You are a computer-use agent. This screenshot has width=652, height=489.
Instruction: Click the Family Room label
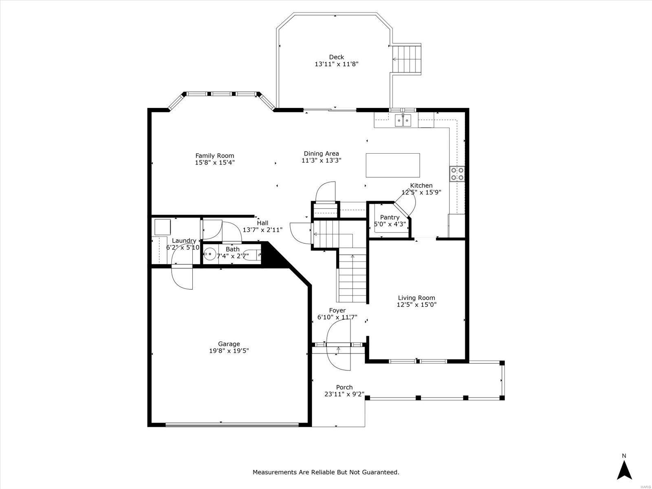pyautogui.click(x=214, y=156)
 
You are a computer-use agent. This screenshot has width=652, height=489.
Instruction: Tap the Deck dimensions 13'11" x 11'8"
pyautogui.click(x=337, y=64)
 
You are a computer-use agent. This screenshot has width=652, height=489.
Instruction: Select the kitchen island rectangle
pyautogui.click(x=393, y=165)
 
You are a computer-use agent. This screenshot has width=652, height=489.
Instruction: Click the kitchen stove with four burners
pyautogui.click(x=458, y=174)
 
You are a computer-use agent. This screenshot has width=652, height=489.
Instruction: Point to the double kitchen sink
pyautogui.click(x=403, y=121)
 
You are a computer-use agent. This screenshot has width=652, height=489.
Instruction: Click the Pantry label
pyautogui.click(x=390, y=217)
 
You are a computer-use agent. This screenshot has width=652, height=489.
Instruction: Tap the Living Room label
pyautogui.click(x=416, y=298)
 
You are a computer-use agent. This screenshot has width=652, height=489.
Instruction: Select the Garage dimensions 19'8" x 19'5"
pyautogui.click(x=229, y=350)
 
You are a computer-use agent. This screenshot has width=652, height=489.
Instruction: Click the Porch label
pyautogui.click(x=344, y=387)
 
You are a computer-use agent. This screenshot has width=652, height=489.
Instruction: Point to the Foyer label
pyautogui.click(x=337, y=310)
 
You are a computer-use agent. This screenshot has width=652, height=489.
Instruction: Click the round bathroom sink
pyautogui.click(x=210, y=254)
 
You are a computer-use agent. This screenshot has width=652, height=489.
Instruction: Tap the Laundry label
pyautogui.click(x=184, y=240)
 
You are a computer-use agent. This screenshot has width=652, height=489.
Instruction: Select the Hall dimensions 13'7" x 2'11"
pyautogui.click(x=262, y=230)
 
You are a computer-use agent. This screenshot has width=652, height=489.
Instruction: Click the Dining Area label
pyautogui.click(x=321, y=154)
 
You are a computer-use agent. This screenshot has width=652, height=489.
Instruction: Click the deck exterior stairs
pyautogui.click(x=407, y=59)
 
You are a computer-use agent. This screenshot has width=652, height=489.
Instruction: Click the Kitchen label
pyautogui.click(x=421, y=185)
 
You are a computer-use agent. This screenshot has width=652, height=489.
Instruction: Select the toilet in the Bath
pyautogui.click(x=253, y=254)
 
